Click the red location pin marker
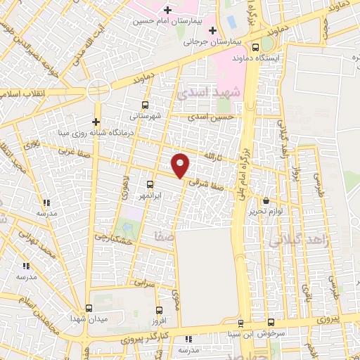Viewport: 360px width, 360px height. pyautogui.click(x=181, y=165)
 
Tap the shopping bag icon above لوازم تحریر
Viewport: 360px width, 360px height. pyautogui.click(x=266, y=200)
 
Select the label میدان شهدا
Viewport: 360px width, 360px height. pyautogui.click(x=87, y=319)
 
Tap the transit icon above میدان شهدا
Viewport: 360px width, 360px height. pyautogui.click(x=88, y=308)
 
